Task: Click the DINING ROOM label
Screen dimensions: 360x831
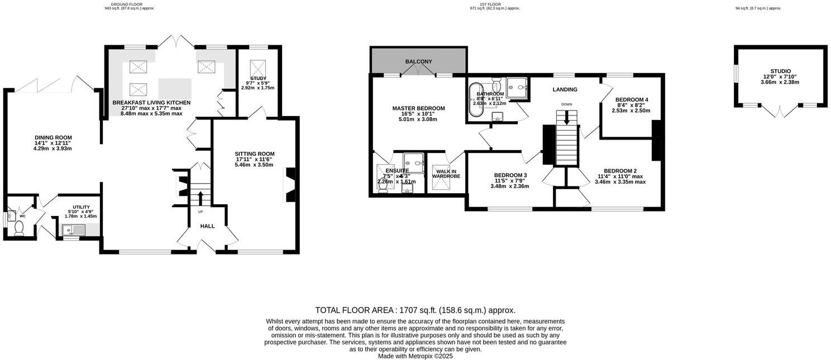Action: (x=53, y=137)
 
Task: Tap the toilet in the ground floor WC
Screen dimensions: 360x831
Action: (x=18, y=227)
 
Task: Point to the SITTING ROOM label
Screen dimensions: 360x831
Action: (x=254, y=153)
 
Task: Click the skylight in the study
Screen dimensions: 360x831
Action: (x=258, y=67)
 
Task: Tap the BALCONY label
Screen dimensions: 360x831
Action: (x=418, y=61)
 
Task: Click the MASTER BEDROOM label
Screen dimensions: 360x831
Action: (x=418, y=108)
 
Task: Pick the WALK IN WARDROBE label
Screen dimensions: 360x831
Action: (x=446, y=174)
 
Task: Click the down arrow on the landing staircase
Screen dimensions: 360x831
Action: (x=567, y=118)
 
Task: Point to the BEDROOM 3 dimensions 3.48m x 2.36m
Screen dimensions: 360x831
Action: (x=509, y=186)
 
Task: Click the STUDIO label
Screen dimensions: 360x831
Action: (x=780, y=71)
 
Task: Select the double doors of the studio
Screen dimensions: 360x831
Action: (x=780, y=111)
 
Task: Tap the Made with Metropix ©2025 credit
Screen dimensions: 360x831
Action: (x=415, y=356)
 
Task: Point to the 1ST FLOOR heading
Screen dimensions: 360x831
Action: (x=495, y=4)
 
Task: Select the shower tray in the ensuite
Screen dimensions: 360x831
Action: (x=415, y=161)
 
